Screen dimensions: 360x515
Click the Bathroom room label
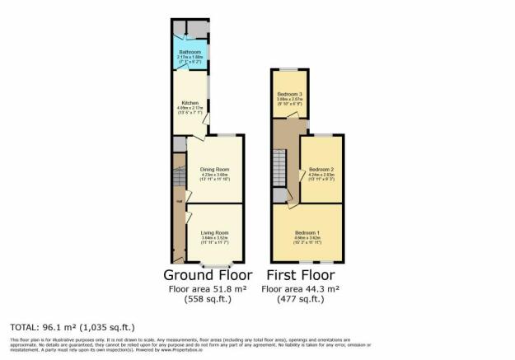pyautogui.click(x=190, y=51)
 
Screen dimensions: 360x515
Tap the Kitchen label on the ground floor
pyautogui.click(x=189, y=103)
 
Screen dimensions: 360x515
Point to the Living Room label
pyautogui.click(x=213, y=231)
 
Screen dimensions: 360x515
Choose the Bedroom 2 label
pyautogui.click(x=321, y=170)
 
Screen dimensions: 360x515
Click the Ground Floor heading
pyautogui.click(x=208, y=274)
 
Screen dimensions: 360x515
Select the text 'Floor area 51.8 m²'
pyautogui.click(x=208, y=290)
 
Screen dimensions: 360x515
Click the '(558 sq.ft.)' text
pyautogui.click(x=208, y=301)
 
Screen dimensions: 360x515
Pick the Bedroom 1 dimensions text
pyautogui.click(x=307, y=240)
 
